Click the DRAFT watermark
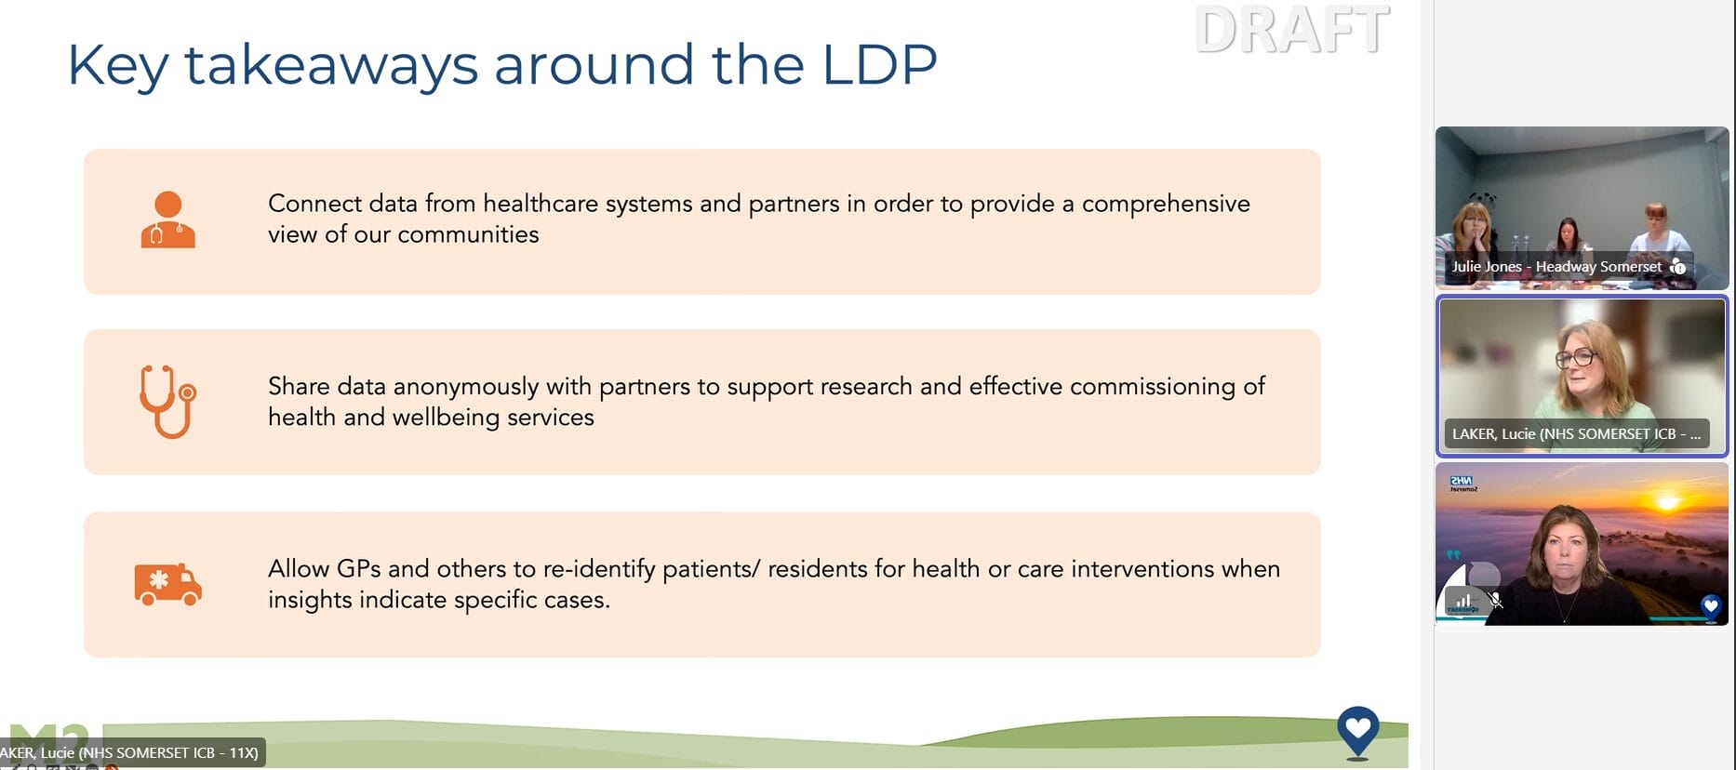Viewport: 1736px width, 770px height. point(1292,30)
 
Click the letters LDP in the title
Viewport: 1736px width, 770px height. point(879,64)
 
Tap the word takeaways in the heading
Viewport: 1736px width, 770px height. point(331,66)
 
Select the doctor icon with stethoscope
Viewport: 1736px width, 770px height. point(168,219)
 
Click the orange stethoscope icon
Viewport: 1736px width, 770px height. point(168,402)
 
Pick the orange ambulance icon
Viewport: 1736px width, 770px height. point(167,584)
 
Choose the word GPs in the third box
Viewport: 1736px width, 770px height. point(358,568)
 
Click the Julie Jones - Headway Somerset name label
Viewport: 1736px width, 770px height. point(1556,267)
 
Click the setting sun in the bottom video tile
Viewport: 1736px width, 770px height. point(1667,503)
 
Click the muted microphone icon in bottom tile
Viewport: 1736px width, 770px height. point(1495,600)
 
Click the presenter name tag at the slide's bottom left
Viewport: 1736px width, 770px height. point(131,752)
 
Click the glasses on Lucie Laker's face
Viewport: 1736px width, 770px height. point(1576,357)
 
